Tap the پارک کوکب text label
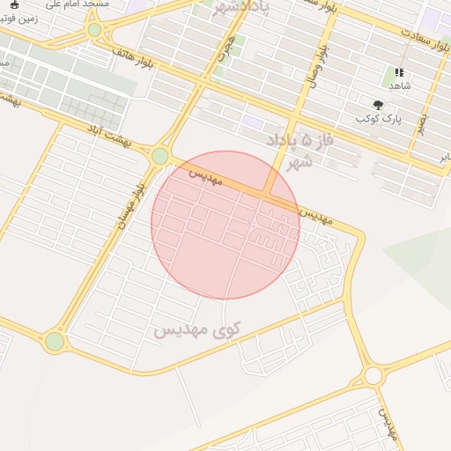pyautogui.click(x=380, y=118)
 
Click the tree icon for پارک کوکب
pyautogui.click(x=379, y=104)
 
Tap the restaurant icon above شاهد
pyautogui.click(x=399, y=73)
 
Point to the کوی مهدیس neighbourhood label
pyautogui.click(x=197, y=330)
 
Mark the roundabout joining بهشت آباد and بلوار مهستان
pyautogui.click(x=159, y=156)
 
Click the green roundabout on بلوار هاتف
pyautogui.click(x=94, y=30)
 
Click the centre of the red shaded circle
pyautogui.click(x=225, y=225)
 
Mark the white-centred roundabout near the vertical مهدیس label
pyautogui.click(x=373, y=376)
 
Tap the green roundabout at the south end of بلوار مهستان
pyautogui.click(x=55, y=341)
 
